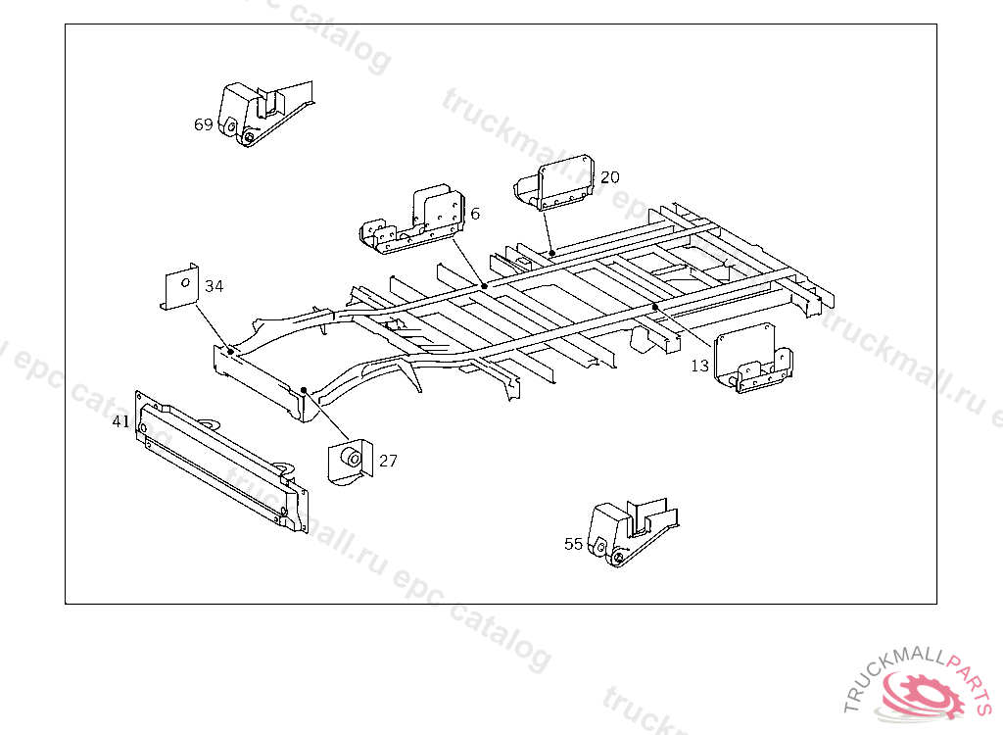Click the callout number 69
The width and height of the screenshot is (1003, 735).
(x=204, y=124)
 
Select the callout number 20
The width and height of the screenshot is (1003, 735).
(x=610, y=177)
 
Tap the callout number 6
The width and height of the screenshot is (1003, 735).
(x=475, y=214)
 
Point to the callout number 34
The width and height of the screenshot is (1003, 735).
(x=214, y=286)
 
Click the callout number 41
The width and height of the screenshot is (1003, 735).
(x=120, y=421)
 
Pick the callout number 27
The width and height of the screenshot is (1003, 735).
(x=388, y=461)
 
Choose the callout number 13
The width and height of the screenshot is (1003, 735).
(x=699, y=366)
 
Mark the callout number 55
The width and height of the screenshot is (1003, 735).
(x=573, y=544)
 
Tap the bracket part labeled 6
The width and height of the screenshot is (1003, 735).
(x=416, y=221)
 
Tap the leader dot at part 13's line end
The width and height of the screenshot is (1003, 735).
(x=654, y=307)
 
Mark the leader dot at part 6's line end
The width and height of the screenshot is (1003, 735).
(x=484, y=285)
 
